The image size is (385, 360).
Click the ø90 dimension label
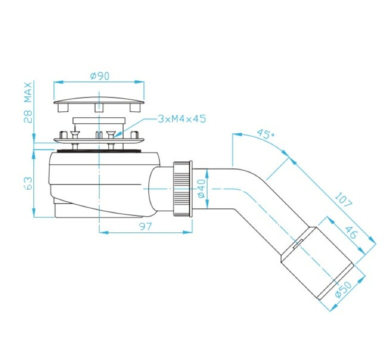point(99,76)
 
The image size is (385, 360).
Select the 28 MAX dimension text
point(27,102)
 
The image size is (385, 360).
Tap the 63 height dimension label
point(28,183)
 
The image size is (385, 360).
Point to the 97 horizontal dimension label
point(145,226)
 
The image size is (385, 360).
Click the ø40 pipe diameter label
point(201,188)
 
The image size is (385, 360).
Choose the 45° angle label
point(265,134)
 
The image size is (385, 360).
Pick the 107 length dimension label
point(343,199)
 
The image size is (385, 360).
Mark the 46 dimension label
point(350,232)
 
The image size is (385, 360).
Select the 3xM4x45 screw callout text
point(181,119)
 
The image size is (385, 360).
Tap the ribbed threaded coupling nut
point(183,188)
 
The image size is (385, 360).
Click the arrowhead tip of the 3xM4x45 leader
point(113,136)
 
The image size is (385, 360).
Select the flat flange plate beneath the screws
point(99,140)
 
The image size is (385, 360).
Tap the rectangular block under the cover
point(99,120)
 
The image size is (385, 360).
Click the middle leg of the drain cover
point(99,107)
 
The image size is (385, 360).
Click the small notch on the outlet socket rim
point(298,243)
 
